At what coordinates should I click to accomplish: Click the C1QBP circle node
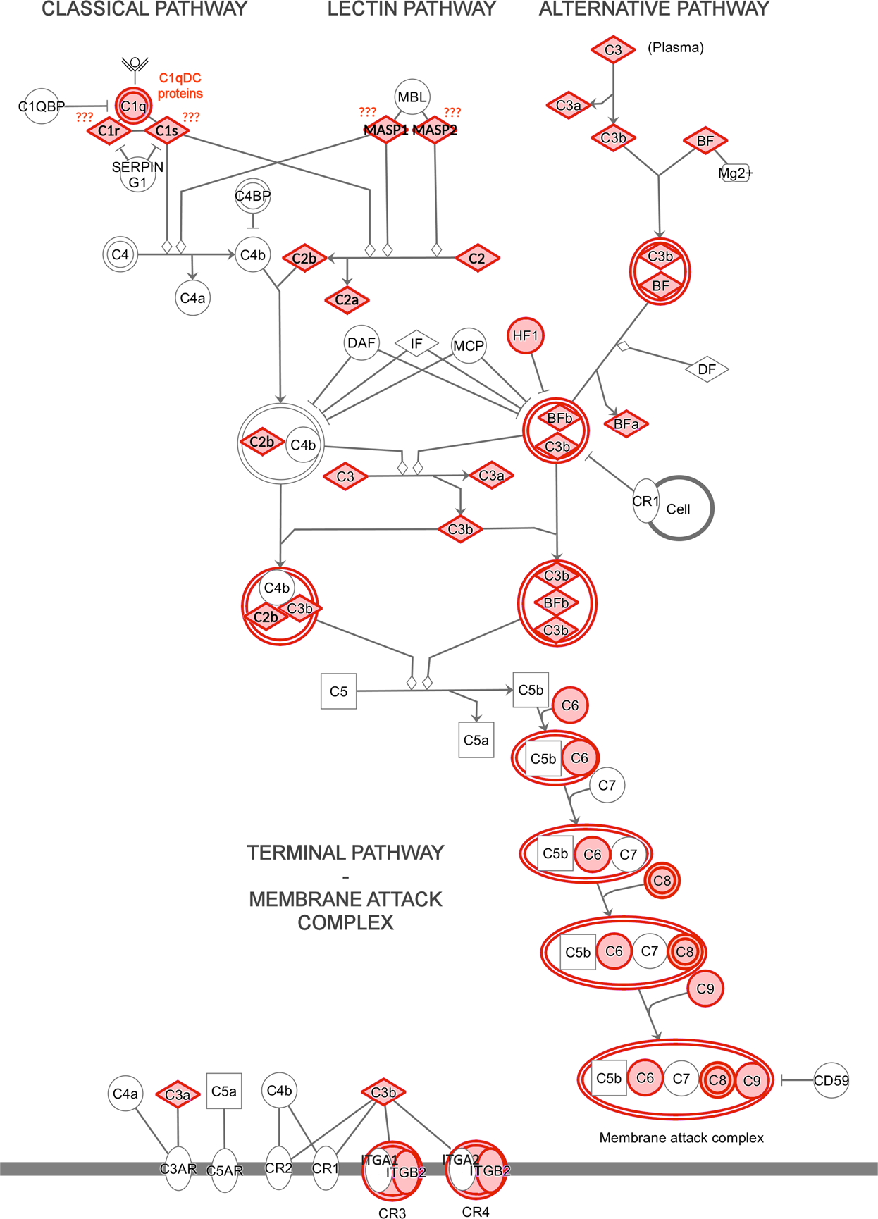[41, 106]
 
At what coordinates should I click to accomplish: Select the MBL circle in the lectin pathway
[412, 97]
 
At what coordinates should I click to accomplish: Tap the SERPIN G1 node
[138, 174]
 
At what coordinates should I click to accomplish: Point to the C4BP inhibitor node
[252, 197]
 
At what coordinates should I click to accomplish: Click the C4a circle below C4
[192, 298]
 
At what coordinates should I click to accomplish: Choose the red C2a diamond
[347, 300]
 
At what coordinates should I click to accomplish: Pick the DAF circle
[361, 343]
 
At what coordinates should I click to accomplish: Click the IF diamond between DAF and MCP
[416, 343]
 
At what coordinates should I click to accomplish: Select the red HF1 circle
[526, 336]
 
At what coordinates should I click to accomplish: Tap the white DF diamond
[707, 369]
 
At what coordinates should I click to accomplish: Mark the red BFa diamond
[626, 424]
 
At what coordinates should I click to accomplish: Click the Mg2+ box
[735, 173]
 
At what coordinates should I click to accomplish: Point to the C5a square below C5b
[476, 740]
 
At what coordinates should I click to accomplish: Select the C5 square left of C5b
[339, 691]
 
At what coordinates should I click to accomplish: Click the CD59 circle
[831, 1080]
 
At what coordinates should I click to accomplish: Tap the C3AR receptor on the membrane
[178, 1169]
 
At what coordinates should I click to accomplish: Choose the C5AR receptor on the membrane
[225, 1170]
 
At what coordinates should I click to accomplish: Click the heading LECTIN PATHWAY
[412, 10]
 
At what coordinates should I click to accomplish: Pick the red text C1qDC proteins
[180, 86]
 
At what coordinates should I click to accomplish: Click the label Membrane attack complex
[681, 1137]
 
